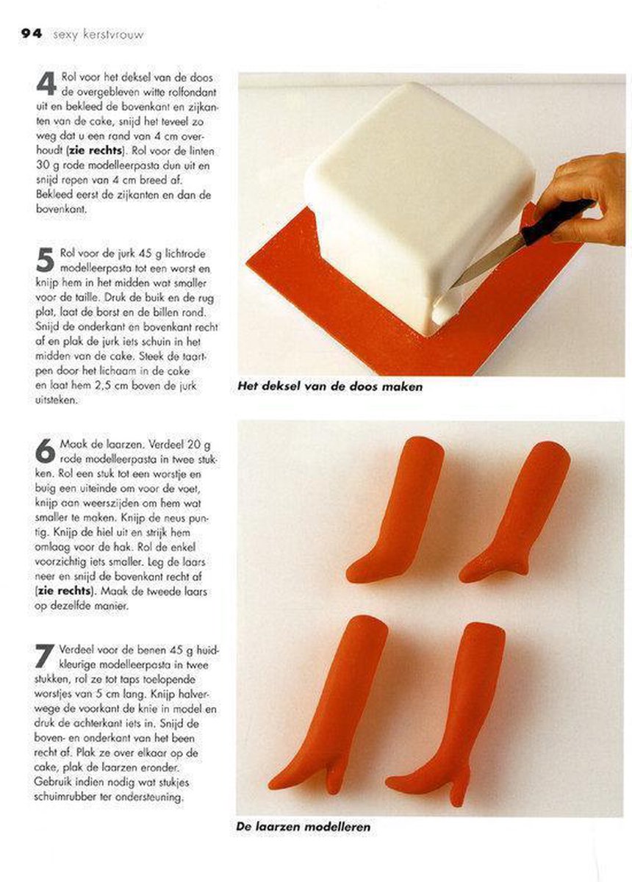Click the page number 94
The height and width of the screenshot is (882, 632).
[32, 34]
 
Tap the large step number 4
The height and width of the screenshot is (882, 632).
[46, 84]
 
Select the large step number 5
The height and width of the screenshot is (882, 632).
[45, 260]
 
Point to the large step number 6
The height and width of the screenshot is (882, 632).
[45, 451]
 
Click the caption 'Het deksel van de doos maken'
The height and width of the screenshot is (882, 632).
[329, 387]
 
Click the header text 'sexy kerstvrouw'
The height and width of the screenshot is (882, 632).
[98, 35]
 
